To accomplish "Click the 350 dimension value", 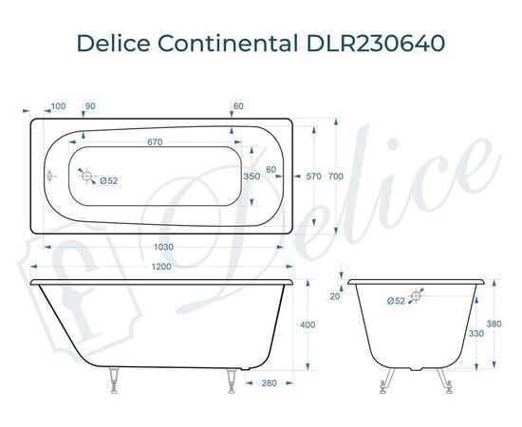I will point(252,176).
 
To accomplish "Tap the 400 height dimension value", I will point(307,325).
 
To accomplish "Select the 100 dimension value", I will point(58,104).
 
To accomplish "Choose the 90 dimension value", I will point(90,104).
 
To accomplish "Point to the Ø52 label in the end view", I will point(396,301).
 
